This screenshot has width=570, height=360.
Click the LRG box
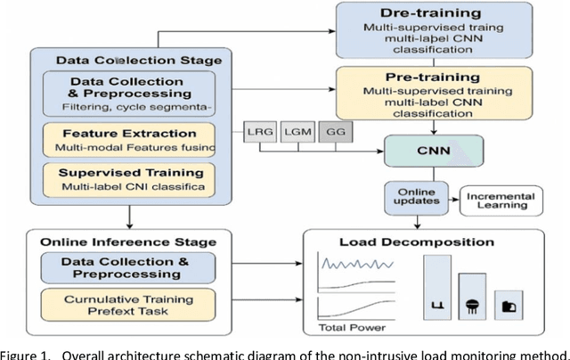259,134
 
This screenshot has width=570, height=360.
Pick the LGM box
295,134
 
